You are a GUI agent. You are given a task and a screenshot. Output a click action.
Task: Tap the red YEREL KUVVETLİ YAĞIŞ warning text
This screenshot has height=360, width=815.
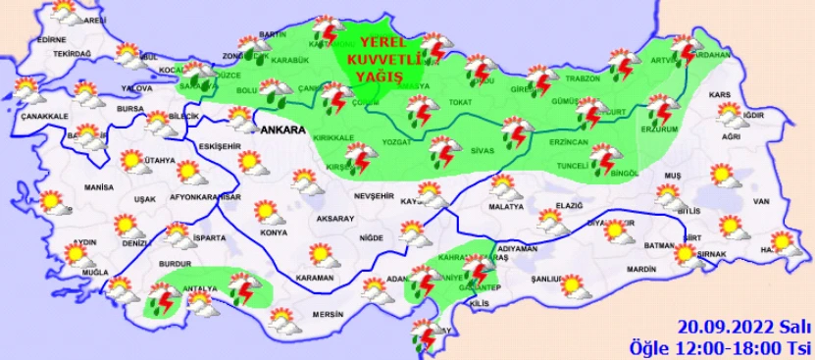[390, 55]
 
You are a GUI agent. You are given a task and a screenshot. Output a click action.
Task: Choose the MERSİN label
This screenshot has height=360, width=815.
[328, 314]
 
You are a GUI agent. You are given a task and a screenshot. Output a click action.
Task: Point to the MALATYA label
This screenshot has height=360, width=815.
[506, 208]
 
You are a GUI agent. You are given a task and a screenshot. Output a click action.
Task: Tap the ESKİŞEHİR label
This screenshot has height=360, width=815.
[220, 146]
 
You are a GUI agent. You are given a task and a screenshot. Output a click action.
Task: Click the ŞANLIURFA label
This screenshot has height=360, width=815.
[547, 280]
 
